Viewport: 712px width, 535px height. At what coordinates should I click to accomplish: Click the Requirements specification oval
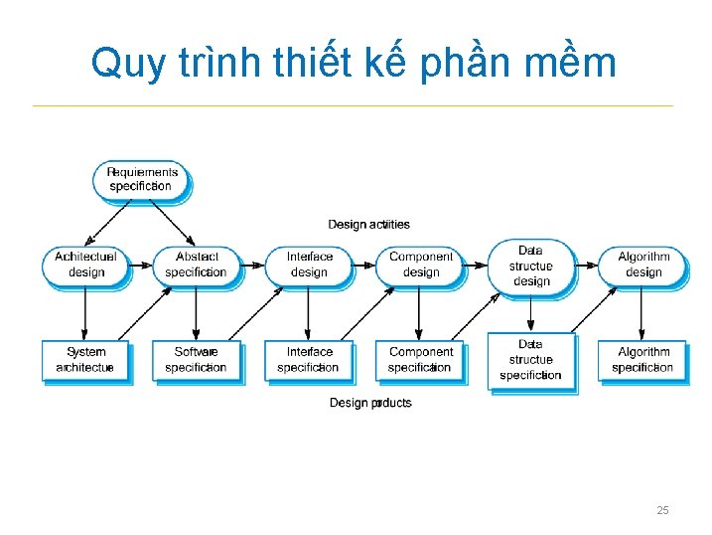[143, 179]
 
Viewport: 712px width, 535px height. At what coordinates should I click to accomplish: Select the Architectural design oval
[85, 265]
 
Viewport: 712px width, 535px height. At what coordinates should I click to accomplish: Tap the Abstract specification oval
[196, 265]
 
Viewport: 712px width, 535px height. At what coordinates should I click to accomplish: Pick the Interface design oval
[309, 265]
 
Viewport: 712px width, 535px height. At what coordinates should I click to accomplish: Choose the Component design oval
[420, 265]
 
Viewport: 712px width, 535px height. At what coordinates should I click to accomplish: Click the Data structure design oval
[531, 266]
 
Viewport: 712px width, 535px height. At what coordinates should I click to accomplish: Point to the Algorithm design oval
[643, 265]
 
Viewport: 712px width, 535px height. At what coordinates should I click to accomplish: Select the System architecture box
[85, 359]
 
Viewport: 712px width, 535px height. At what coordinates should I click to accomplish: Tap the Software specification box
[196, 359]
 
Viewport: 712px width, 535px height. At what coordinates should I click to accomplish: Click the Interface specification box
[309, 359]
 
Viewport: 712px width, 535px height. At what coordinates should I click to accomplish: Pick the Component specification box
[420, 359]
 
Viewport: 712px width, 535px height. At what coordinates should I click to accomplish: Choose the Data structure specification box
[531, 360]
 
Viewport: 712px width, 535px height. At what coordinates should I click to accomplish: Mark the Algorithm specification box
[643, 359]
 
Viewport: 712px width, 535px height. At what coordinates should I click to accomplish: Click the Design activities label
[369, 225]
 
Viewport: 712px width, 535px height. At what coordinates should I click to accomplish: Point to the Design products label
[370, 403]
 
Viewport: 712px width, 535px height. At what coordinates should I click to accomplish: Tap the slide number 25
[662, 510]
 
